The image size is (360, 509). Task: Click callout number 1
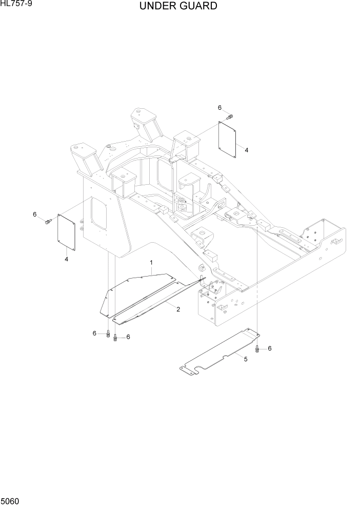(152, 263)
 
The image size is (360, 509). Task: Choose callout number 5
(245, 359)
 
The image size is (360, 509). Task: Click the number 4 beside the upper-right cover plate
(246, 150)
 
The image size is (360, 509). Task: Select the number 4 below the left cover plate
(66, 259)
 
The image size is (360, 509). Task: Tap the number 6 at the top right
(219, 108)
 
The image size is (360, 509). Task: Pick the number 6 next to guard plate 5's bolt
(269, 348)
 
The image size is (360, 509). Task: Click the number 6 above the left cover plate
(35, 214)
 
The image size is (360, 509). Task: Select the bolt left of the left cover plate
(48, 222)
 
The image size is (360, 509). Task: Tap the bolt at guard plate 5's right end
(258, 349)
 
